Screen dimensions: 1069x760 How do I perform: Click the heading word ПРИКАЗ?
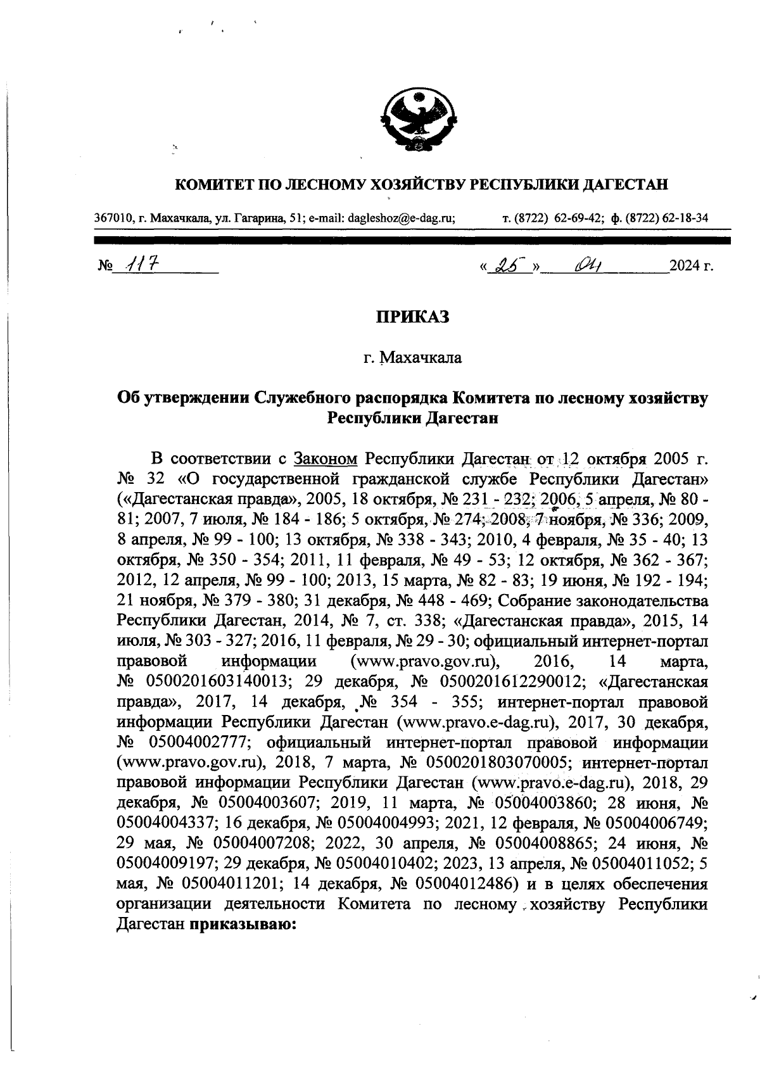(413, 316)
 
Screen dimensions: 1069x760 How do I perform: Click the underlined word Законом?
(326, 458)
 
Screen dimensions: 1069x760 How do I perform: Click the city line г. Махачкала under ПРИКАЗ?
(413, 358)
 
